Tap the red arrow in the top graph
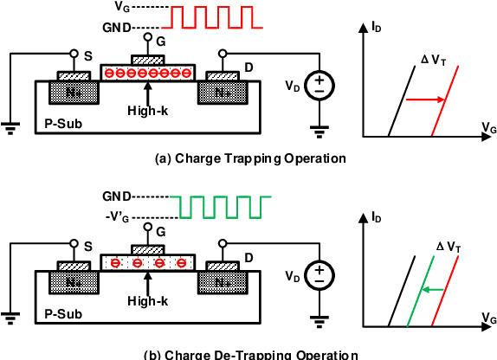coord(425,100)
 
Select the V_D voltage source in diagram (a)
coord(319,86)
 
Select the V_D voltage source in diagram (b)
coord(319,275)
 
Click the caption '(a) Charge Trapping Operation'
coord(249,158)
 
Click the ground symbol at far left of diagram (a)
coord(11,128)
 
